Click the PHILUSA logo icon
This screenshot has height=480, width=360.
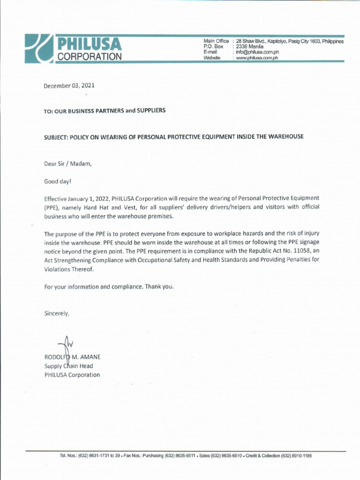(38, 49)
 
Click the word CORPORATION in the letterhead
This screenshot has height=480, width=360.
(89, 57)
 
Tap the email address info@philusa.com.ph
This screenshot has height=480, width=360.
(257, 52)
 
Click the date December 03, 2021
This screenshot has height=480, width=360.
(69, 86)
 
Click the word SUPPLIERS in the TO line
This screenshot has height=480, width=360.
(151, 111)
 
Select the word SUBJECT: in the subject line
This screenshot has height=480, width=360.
(56, 137)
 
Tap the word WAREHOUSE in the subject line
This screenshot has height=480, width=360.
(285, 136)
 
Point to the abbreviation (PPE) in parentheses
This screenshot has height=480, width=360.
(53, 208)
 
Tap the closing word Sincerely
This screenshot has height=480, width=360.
(57, 314)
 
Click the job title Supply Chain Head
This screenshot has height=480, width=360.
(68, 366)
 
